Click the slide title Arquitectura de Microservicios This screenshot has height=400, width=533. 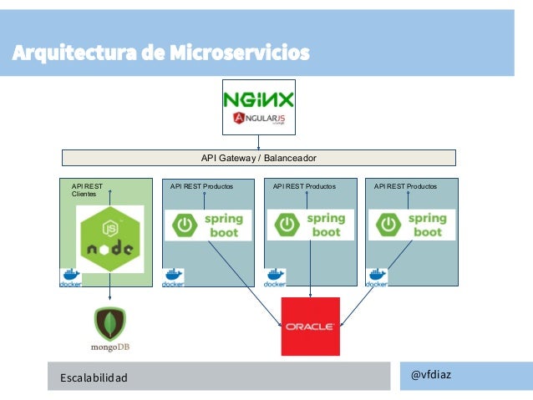(160, 54)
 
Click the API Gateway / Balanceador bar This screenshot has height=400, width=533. (259, 158)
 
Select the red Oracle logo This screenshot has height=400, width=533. (311, 327)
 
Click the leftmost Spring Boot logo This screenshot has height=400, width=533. (207, 225)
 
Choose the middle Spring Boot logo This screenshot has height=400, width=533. (310, 225)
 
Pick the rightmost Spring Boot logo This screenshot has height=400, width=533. (412, 225)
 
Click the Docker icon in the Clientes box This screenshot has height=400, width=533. (70, 279)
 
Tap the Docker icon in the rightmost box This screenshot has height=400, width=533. (377, 279)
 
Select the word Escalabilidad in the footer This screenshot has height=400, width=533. (94, 378)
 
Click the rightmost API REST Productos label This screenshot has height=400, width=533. (405, 186)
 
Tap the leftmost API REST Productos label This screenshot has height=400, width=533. (201, 186)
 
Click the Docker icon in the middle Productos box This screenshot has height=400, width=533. (274, 279)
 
